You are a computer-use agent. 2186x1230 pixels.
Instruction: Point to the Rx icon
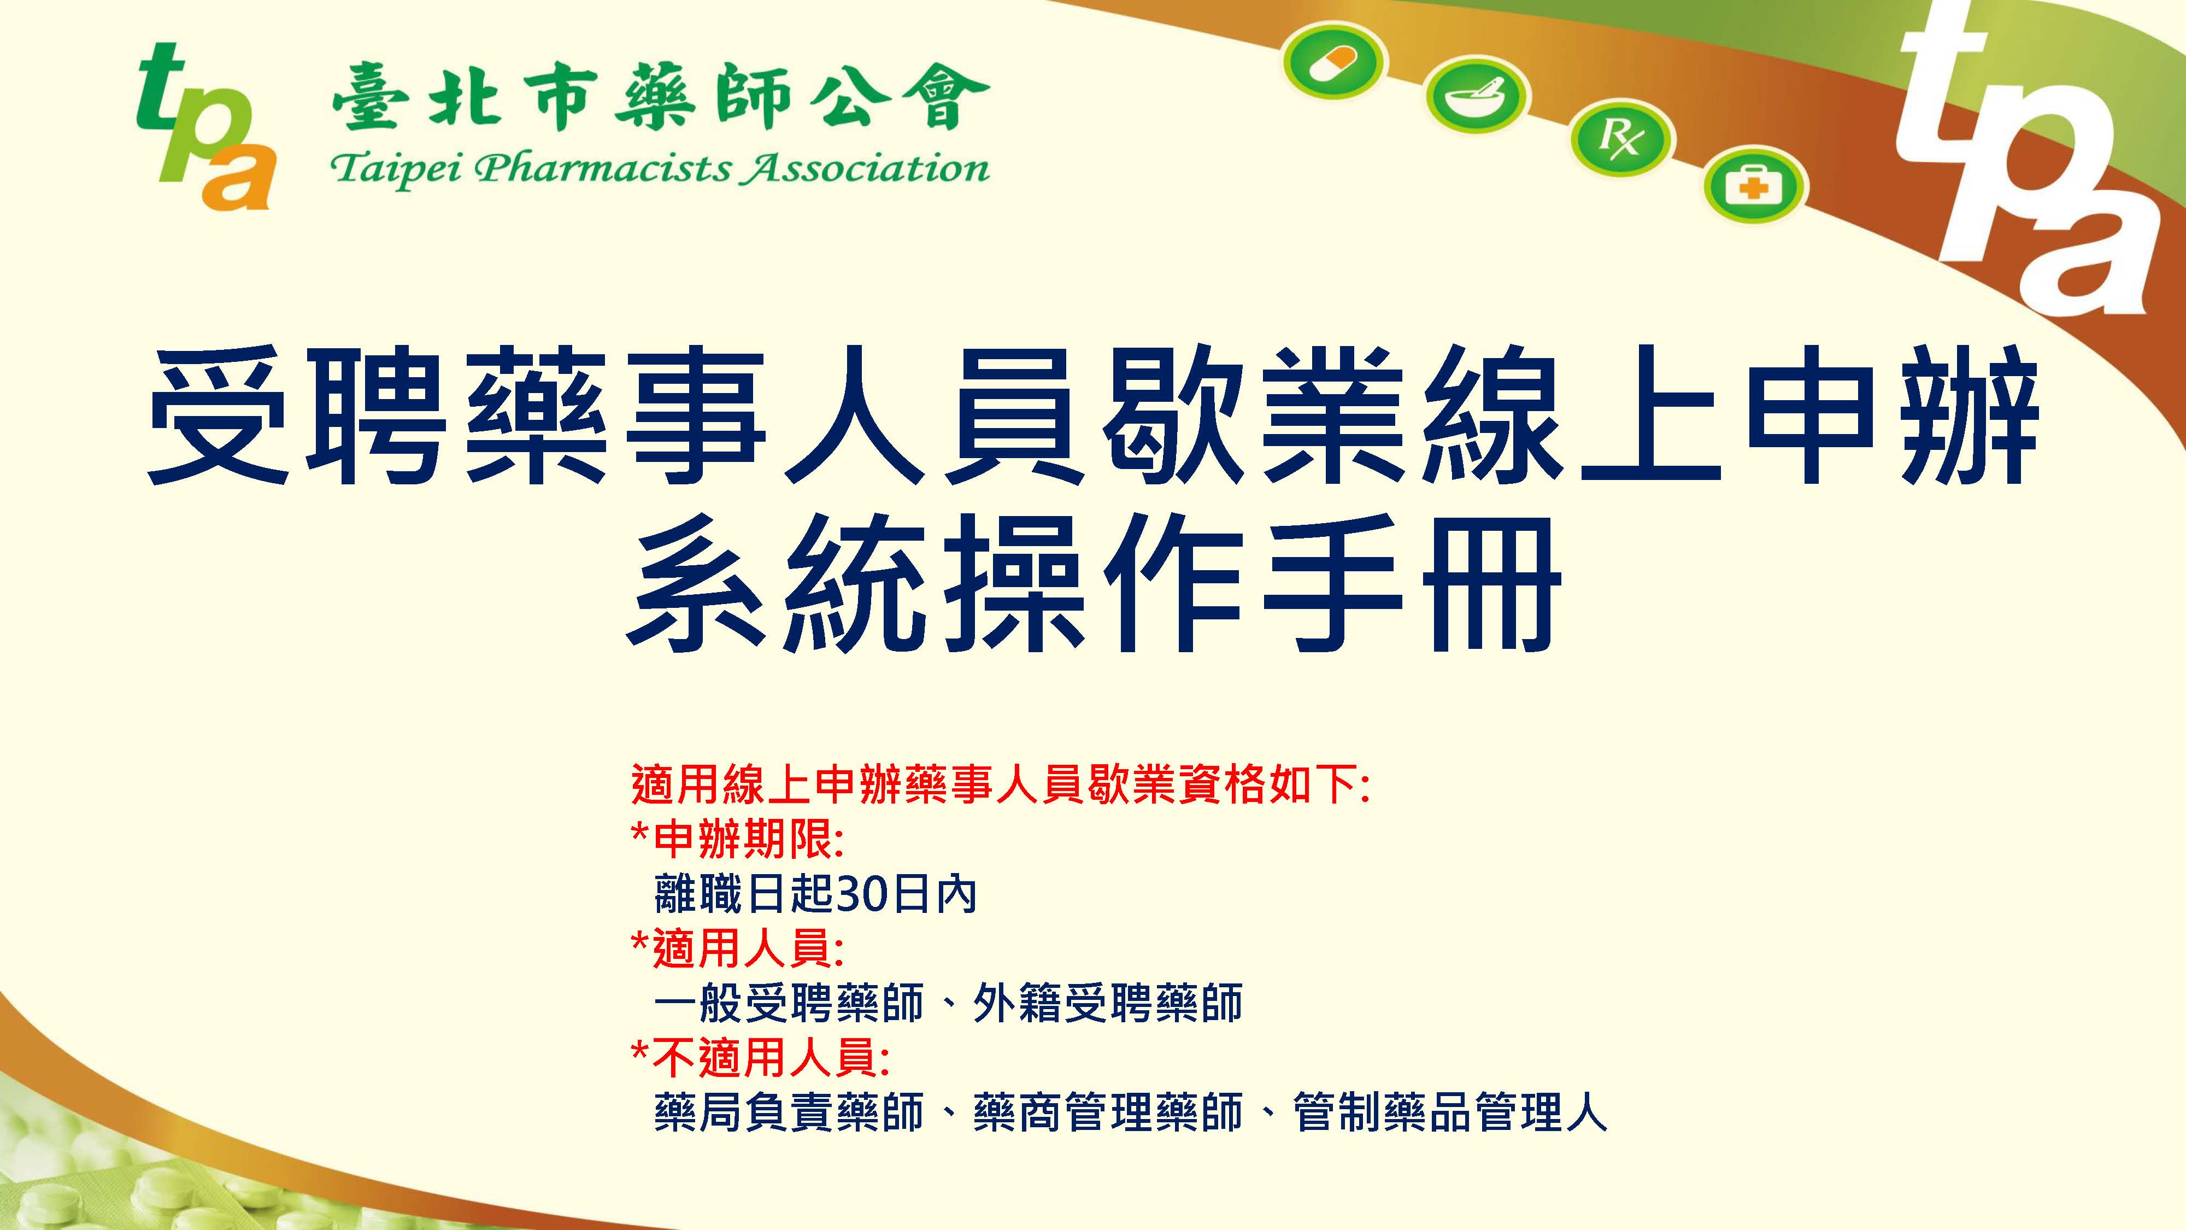coord(1620,141)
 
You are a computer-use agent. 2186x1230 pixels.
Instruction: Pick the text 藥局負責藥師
coord(789,1112)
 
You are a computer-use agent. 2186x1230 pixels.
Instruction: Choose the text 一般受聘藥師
coord(789,1003)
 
